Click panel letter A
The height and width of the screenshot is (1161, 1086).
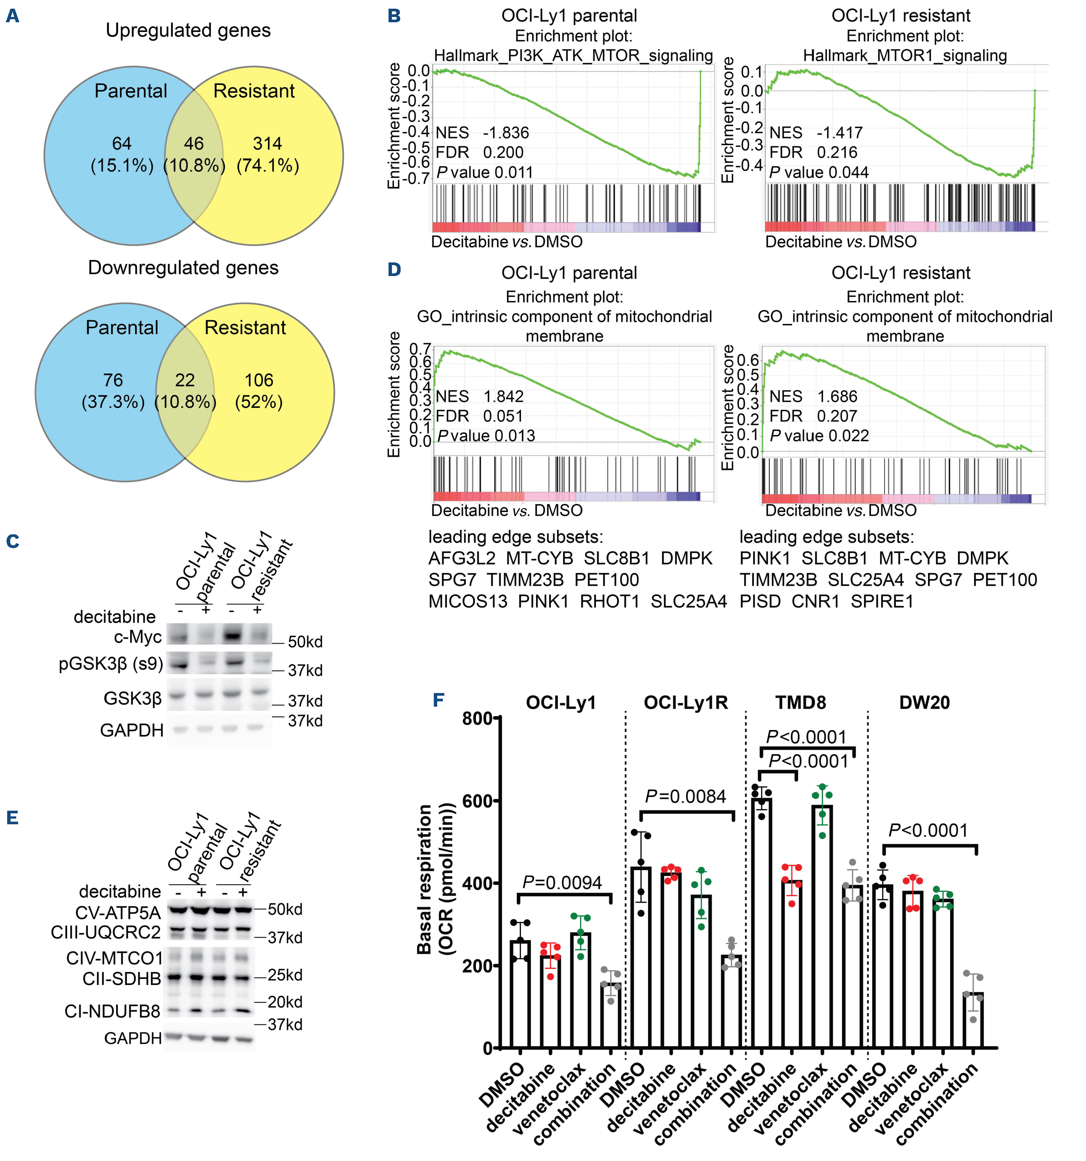[12, 16]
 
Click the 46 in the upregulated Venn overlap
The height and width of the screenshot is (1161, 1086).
[194, 144]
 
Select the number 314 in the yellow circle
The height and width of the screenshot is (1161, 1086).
[267, 144]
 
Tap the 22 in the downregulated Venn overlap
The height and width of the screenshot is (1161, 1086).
[184, 380]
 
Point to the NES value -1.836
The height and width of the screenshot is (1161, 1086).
[505, 133]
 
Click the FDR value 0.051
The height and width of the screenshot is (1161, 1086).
[503, 416]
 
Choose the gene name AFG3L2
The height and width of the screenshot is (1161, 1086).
[461, 558]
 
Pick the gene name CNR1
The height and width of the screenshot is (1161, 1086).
[816, 601]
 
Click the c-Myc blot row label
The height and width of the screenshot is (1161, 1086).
[138, 636]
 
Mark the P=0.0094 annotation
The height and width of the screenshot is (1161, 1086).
[562, 883]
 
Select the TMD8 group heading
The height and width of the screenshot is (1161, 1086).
[800, 702]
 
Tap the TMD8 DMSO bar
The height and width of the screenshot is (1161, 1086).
[761, 923]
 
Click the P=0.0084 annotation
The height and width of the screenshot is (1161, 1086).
[685, 797]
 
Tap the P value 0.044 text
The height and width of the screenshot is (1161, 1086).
[819, 172]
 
